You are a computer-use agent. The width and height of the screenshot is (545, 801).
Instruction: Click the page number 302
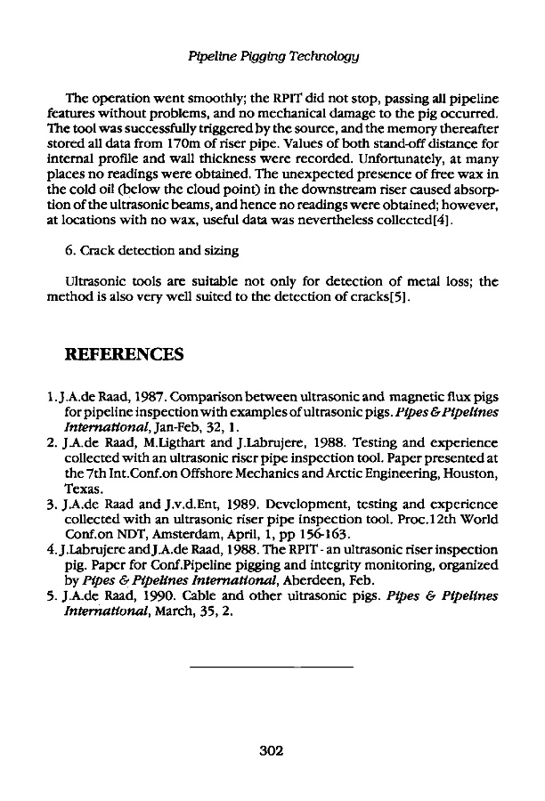click(x=271, y=750)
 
